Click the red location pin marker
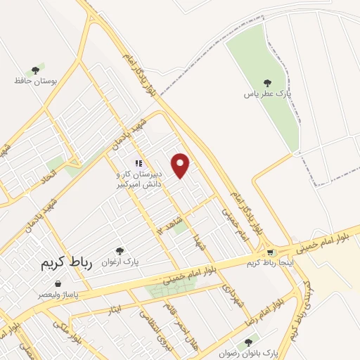pyautogui.click(x=181, y=165)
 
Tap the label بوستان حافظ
pyautogui.click(x=34, y=81)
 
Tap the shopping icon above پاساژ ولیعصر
pyautogui.click(x=48, y=284)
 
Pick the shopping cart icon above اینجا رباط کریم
pyautogui.click(x=270, y=252)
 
